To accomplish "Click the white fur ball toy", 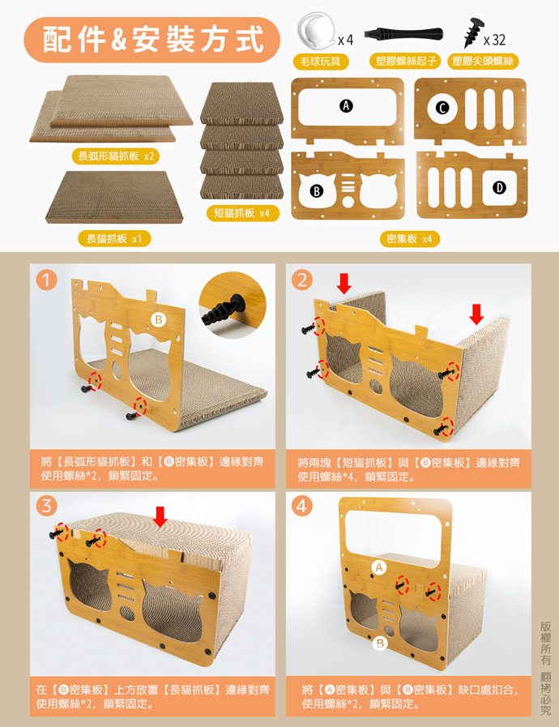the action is click(x=317, y=30).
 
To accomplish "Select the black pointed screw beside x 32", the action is click(x=473, y=32).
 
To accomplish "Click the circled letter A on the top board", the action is click(x=346, y=106).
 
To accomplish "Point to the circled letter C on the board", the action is click(x=442, y=108).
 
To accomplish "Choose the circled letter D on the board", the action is click(x=499, y=188).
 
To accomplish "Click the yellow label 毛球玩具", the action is click(x=320, y=62).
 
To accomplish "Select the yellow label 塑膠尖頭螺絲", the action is click(x=483, y=62).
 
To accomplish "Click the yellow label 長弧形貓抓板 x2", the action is click(x=115, y=156).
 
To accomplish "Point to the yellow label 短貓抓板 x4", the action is click(x=242, y=213).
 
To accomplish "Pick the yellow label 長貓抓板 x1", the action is click(x=114, y=239).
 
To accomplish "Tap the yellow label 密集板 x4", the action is click(x=409, y=239).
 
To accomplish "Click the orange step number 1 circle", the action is click(x=46, y=280).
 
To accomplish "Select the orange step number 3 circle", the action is click(x=46, y=506).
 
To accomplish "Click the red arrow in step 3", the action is click(x=160, y=516).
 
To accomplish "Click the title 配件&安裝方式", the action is click(x=152, y=40).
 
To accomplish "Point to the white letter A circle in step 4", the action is click(x=379, y=567).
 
